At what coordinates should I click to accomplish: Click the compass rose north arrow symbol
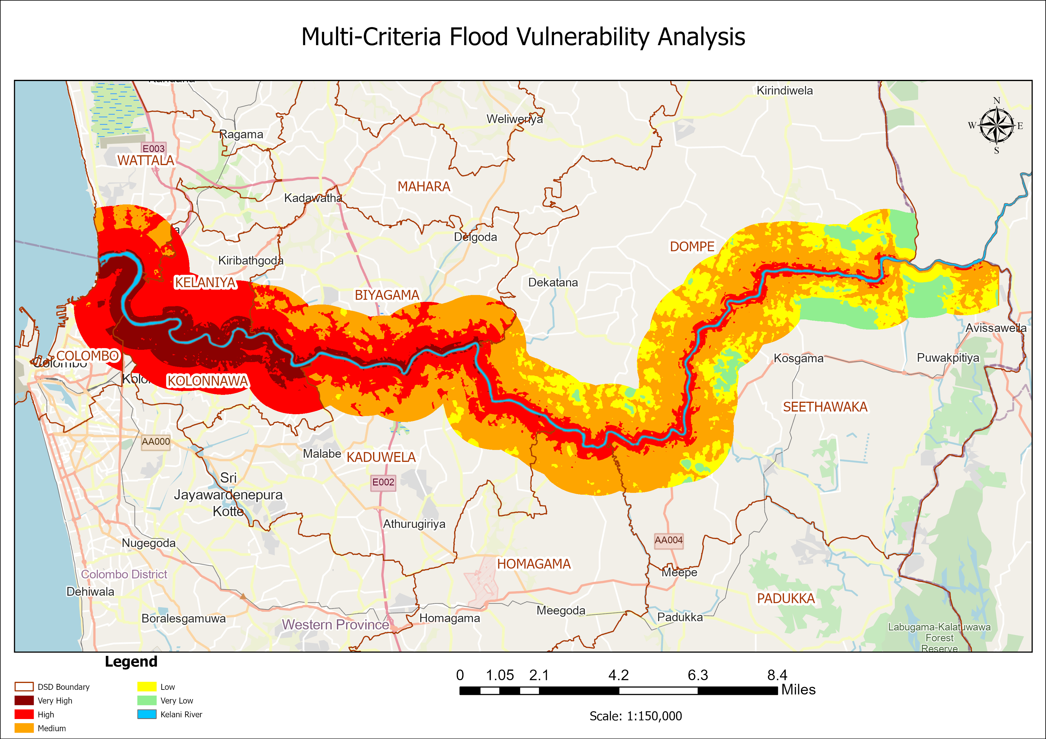click(x=996, y=125)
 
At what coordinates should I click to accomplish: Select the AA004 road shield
click(x=668, y=541)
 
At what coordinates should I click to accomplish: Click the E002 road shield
click(x=383, y=482)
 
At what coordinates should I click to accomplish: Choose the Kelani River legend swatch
click(x=147, y=714)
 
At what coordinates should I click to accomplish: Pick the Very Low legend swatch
click(x=147, y=700)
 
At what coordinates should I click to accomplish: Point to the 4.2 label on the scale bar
click(x=618, y=675)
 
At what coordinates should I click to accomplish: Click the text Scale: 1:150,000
click(x=635, y=716)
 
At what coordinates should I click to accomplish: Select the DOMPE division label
click(x=691, y=247)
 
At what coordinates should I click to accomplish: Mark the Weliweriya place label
click(x=514, y=119)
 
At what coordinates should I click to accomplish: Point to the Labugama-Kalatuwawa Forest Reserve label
click(x=939, y=637)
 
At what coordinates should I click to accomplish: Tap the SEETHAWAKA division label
click(x=825, y=407)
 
